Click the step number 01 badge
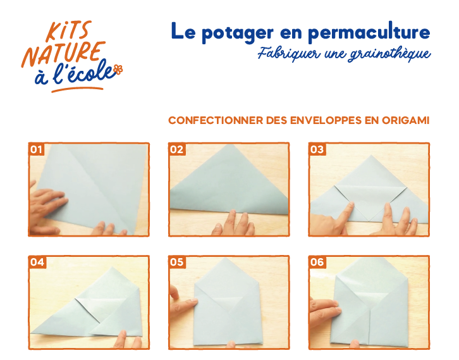click(x=36, y=149)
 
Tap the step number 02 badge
click(x=177, y=149)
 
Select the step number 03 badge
click(x=317, y=149)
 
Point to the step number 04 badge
click(x=37, y=262)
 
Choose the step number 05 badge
click(x=177, y=262)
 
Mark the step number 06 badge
click(x=317, y=262)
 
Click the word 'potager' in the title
click(x=238, y=33)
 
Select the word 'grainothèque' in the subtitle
click(x=389, y=54)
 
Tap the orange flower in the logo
click(x=118, y=70)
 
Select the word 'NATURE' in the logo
click(x=63, y=54)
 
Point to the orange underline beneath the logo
click(x=77, y=89)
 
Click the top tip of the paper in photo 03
click(x=371, y=155)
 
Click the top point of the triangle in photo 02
click(x=229, y=145)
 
